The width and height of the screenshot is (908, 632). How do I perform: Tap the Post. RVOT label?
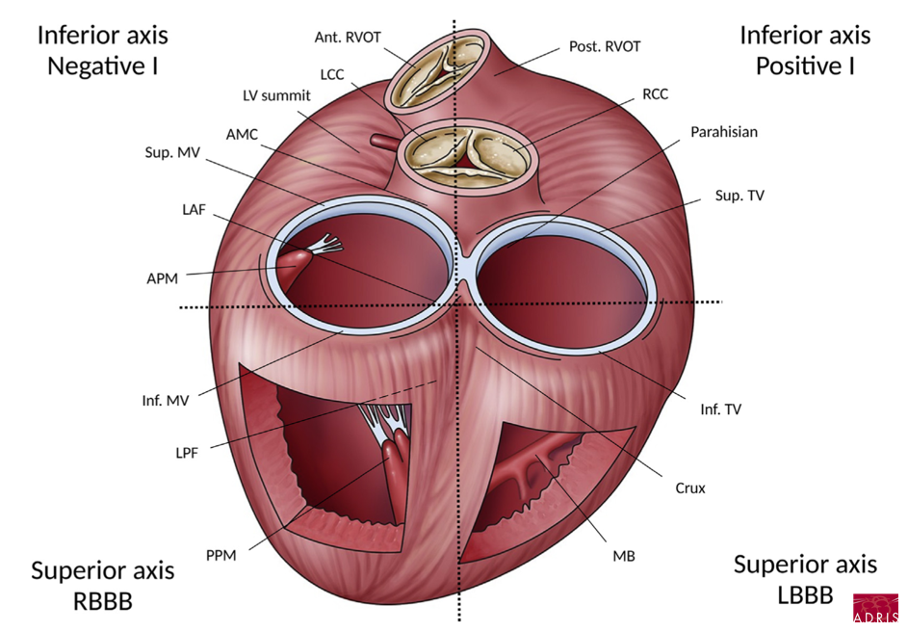click(605, 45)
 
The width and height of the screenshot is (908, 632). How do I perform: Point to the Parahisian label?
click(724, 133)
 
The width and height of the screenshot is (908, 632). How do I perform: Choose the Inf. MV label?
click(168, 397)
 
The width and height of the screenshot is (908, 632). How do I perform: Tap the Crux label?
click(690, 488)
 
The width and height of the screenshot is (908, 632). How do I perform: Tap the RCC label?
click(655, 94)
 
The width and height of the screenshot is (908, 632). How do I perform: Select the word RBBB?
click(102, 601)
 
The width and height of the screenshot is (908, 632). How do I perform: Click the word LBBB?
click(805, 595)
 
